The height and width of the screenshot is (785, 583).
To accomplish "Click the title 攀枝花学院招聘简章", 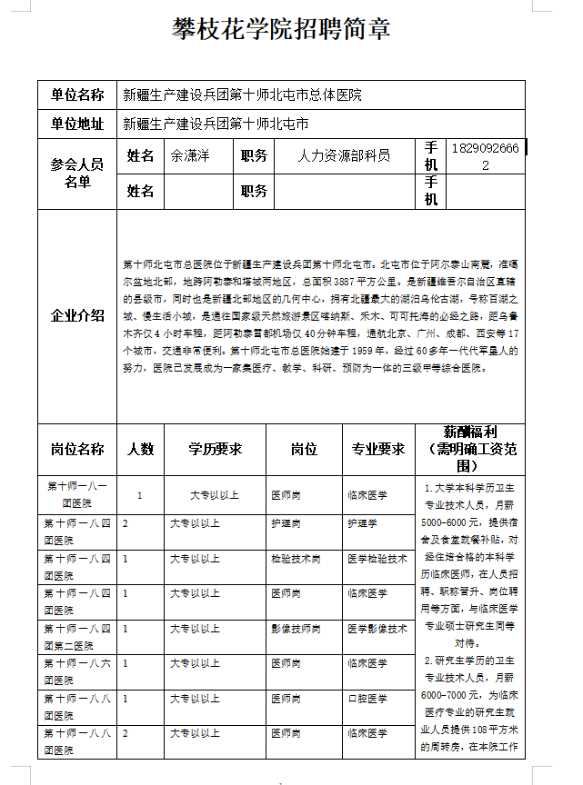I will tap(282, 29).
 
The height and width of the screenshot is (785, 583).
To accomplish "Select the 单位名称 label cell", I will tap(77, 94).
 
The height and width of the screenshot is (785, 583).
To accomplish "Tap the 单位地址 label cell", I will tap(77, 124).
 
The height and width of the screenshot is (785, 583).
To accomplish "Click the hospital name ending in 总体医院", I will tap(242, 94).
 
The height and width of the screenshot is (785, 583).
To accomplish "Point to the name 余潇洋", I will tap(190, 155).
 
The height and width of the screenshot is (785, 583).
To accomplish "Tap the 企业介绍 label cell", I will tap(77, 316).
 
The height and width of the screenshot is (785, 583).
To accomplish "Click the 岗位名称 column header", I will tap(77, 449).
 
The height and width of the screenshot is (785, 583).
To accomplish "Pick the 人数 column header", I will tap(140, 449).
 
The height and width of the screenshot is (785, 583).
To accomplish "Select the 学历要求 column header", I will tap(215, 449).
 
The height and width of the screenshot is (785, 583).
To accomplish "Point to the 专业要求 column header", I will tap(377, 449).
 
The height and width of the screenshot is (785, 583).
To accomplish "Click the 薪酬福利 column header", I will tap(468, 449).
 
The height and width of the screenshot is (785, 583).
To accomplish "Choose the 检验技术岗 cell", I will tap(296, 559).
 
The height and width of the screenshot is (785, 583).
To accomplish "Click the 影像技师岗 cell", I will tap(296, 629).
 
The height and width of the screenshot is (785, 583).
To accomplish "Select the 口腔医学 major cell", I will tap(367, 699).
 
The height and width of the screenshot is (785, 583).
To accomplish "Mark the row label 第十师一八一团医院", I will tap(77, 494).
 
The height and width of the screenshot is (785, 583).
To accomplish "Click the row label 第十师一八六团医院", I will tap(77, 671).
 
